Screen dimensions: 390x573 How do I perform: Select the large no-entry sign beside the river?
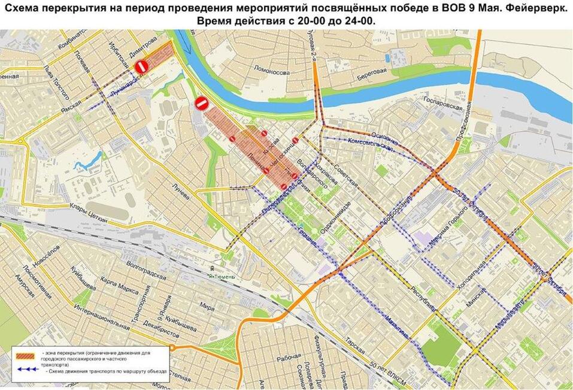[x=201, y=103]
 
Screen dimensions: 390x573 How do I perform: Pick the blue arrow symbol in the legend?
[x=28, y=370]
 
